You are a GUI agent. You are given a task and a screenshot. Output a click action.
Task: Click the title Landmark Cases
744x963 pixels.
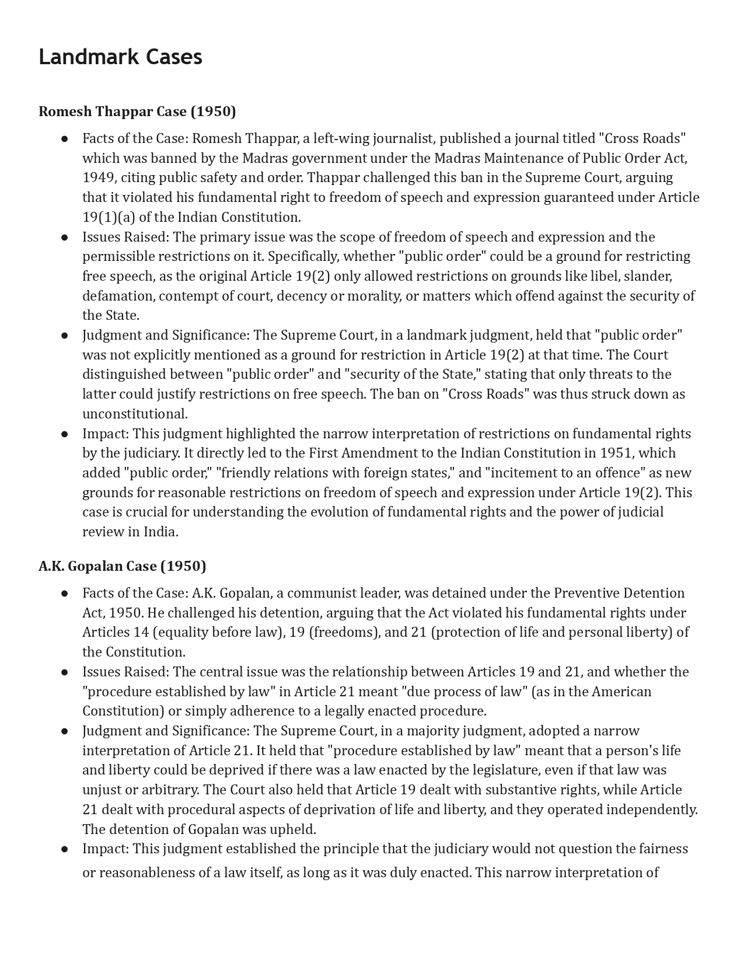120,57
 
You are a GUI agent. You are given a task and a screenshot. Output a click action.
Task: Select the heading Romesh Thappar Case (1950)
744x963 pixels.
137,111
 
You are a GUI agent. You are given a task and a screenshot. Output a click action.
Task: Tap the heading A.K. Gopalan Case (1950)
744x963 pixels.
122,566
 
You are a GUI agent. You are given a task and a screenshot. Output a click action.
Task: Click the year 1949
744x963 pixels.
99,177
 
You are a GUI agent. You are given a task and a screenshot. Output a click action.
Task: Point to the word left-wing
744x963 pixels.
341,138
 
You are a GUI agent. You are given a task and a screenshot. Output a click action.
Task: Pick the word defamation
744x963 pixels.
118,296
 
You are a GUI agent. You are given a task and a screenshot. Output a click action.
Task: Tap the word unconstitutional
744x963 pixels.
134,414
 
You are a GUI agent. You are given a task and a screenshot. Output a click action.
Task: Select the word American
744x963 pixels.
621,692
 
